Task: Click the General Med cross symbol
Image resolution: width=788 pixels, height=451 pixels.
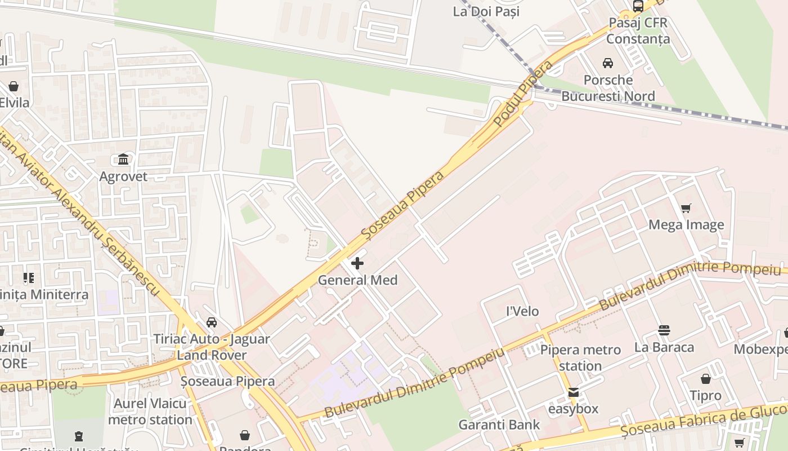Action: [357, 263]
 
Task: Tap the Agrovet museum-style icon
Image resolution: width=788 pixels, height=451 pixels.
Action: [123, 160]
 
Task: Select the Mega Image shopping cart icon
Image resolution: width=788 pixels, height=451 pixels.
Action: [686, 209]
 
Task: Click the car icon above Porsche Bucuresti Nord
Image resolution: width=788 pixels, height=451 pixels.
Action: [608, 63]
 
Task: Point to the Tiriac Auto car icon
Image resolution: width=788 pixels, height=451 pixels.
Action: [212, 322]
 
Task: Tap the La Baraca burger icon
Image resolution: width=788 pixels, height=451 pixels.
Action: [664, 330]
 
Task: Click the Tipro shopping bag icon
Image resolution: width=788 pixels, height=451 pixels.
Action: [705, 379]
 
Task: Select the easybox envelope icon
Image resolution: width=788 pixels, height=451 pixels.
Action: [573, 392]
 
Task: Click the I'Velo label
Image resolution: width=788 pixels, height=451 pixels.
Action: [522, 311]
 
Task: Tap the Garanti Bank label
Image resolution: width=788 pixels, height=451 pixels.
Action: [499, 425]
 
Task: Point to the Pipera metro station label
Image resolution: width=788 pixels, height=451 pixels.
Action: [580, 357]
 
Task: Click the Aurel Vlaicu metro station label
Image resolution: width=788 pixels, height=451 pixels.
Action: [150, 412]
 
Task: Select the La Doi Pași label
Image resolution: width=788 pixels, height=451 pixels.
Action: [486, 11]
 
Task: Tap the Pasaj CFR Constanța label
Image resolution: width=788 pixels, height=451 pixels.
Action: [638, 30]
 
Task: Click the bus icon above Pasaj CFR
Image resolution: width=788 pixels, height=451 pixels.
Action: [638, 6]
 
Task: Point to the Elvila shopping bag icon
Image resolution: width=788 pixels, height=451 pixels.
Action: [13, 86]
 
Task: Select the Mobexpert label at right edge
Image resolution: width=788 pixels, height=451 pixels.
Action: [760, 349]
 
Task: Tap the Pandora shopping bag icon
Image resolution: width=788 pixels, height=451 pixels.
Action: [245, 435]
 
